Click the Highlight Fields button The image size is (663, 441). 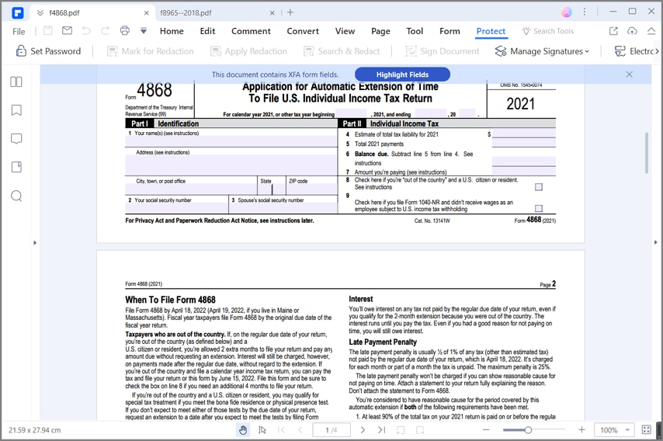click(x=402, y=75)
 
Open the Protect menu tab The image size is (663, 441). click(x=491, y=31)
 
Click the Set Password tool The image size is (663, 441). click(x=48, y=51)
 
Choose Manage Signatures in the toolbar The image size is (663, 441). click(x=541, y=51)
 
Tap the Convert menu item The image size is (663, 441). click(x=303, y=31)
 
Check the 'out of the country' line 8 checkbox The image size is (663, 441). click(x=539, y=187)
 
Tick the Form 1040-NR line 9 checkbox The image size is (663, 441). click(x=539, y=208)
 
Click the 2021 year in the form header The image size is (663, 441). click(x=520, y=104)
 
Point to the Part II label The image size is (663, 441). click(x=352, y=123)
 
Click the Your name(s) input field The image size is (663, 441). click(x=231, y=141)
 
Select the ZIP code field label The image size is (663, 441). click(x=298, y=181)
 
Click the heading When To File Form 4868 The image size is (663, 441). click(x=170, y=300)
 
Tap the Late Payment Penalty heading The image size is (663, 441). click(x=383, y=342)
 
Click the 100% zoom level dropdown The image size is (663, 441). click(x=613, y=429)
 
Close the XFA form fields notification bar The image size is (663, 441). click(x=629, y=75)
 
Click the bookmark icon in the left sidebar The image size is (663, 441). click(x=16, y=110)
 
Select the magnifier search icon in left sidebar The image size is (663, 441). click(x=16, y=196)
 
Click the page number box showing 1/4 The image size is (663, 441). click(x=331, y=429)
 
